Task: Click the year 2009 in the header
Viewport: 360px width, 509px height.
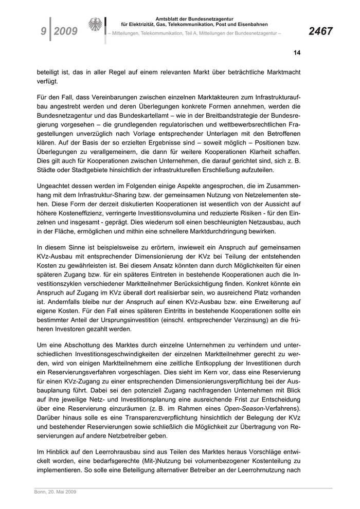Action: click(65, 31)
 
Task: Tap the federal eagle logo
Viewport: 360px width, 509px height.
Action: click(95, 25)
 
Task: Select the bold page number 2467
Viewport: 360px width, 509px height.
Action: click(320, 31)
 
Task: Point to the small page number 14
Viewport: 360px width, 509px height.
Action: click(297, 52)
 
